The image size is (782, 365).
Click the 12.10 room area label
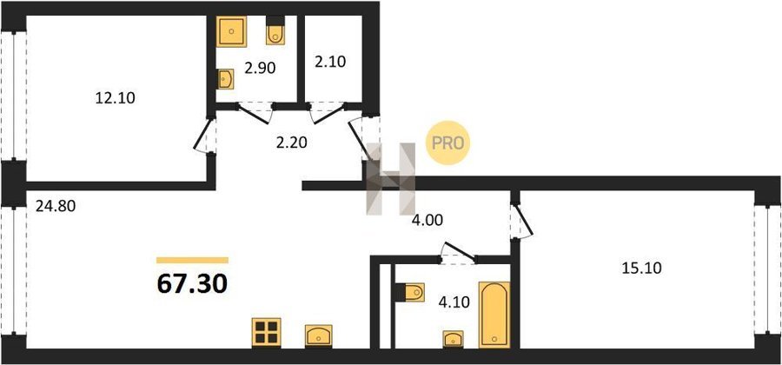pyautogui.click(x=116, y=98)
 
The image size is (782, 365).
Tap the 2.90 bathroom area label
pyautogui.click(x=260, y=68)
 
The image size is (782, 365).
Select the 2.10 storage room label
pyautogui.click(x=330, y=62)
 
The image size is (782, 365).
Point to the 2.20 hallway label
pyautogui.click(x=291, y=143)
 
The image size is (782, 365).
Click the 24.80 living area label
pyautogui.click(x=56, y=205)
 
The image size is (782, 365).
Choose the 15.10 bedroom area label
pyautogui.click(x=641, y=269)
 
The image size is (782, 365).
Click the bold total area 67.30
pyautogui.click(x=192, y=283)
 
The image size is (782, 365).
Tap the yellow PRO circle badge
pyautogui.click(x=447, y=143)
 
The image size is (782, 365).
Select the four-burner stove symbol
pyautogui.click(x=266, y=333)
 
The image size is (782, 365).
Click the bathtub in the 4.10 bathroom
pyautogui.click(x=494, y=315)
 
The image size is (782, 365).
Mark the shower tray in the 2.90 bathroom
pyautogui.click(x=232, y=31)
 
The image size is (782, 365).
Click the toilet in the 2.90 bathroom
pyautogui.click(x=275, y=31)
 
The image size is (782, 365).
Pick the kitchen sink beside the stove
pyautogui.click(x=319, y=335)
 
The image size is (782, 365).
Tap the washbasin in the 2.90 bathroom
pyautogui.click(x=226, y=79)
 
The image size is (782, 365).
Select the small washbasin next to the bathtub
pyautogui.click(x=453, y=339)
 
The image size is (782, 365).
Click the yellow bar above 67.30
pyautogui.click(x=192, y=260)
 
